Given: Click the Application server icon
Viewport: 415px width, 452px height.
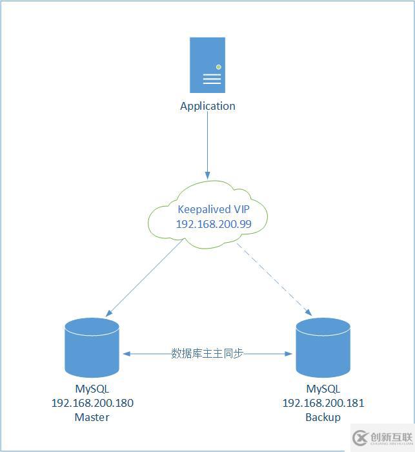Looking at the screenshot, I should (207, 65).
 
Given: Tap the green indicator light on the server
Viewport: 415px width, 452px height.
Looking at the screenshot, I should (219, 67).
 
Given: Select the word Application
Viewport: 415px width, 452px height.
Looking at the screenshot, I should (207, 106).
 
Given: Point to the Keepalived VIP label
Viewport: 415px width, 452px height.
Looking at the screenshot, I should (213, 209).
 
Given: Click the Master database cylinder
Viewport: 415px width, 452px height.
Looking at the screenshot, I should (92, 347).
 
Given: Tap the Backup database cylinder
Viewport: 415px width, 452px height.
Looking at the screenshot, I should (323, 348).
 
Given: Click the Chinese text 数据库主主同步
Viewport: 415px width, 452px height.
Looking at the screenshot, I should (207, 353).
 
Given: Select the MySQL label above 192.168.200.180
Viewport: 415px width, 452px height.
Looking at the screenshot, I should (92, 389).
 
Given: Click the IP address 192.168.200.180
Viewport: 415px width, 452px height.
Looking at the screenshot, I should (92, 403).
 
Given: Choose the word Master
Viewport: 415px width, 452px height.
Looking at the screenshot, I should (92, 417).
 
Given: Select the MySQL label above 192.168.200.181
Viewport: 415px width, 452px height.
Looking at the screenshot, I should (323, 389).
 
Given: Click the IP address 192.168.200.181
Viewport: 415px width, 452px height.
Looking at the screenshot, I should (323, 403).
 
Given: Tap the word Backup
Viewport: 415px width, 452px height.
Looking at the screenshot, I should (323, 417).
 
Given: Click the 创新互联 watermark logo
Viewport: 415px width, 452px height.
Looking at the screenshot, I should (382, 438).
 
